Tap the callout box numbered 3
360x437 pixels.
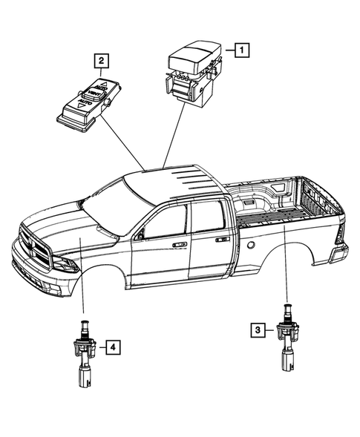(258, 329)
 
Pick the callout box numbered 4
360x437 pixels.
(111, 346)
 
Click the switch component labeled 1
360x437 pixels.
(190, 75)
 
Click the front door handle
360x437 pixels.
(180, 243)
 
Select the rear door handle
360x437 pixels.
(221, 240)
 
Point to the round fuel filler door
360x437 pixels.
(252, 244)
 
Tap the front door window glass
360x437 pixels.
(165, 222)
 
